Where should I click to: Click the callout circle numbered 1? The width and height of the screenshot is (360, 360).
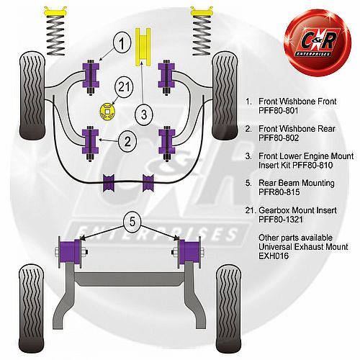pyautogui.click(x=122, y=43)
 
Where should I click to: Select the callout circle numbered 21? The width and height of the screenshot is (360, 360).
pyautogui.click(x=124, y=87)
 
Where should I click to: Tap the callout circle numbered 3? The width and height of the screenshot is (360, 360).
pyautogui.click(x=144, y=114)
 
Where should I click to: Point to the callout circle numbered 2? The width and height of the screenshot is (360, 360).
pyautogui.click(x=127, y=141)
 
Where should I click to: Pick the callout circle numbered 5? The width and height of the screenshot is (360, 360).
pyautogui.click(x=132, y=222)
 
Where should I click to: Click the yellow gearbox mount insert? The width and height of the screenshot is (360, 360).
pyautogui.click(x=107, y=111)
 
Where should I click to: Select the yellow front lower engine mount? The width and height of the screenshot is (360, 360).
pyautogui.click(x=143, y=47)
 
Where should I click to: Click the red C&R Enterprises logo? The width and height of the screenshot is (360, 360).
pyautogui.click(x=318, y=42)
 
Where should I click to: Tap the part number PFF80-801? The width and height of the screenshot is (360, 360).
pyautogui.click(x=279, y=111)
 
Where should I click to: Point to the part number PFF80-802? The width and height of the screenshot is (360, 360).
pyautogui.click(x=279, y=138)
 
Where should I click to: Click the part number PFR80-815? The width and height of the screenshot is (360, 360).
pyautogui.click(x=279, y=192)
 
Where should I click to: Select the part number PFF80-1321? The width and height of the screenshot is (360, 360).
pyautogui.click(x=281, y=220)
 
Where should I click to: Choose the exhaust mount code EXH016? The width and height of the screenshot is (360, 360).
pyautogui.click(x=274, y=256)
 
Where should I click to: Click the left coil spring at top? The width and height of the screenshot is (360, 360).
pyautogui.click(x=55, y=31)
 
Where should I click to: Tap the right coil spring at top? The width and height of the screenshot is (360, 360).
pyautogui.click(x=202, y=31)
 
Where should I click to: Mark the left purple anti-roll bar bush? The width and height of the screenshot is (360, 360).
pyautogui.click(x=109, y=183)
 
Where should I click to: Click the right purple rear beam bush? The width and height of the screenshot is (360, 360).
pyautogui.click(x=189, y=252)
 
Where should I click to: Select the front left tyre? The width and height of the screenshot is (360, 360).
pyautogui.click(x=32, y=96)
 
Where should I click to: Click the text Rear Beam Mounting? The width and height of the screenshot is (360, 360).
pyautogui.click(x=297, y=183)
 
